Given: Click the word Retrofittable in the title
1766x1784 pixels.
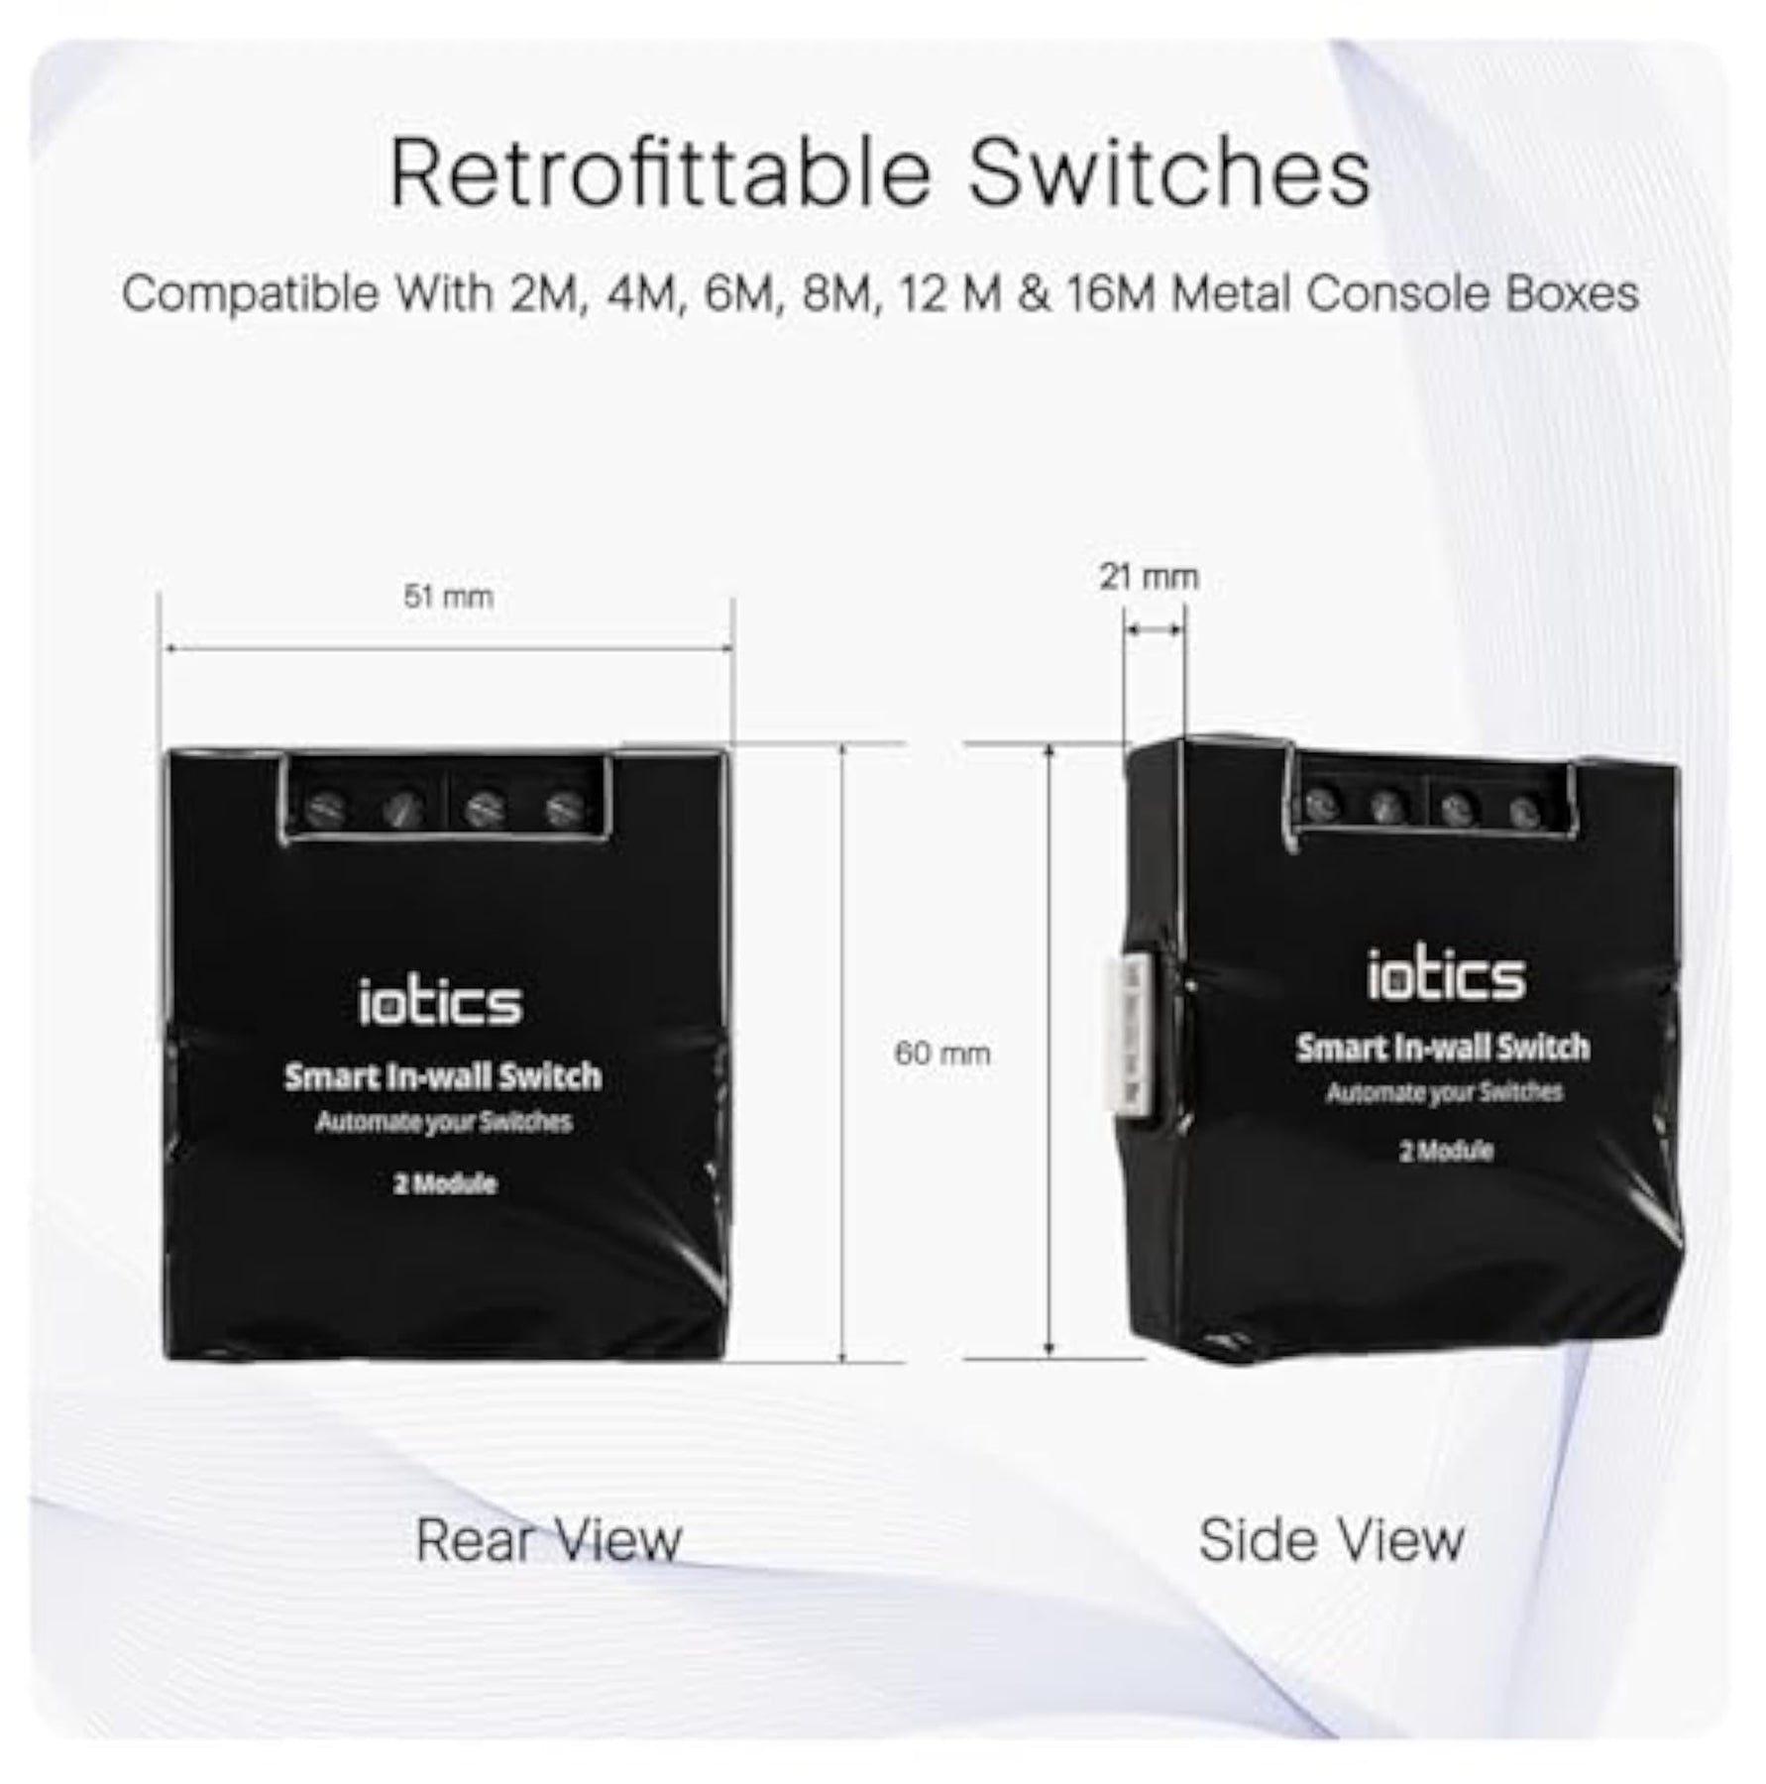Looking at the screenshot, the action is tap(660, 173).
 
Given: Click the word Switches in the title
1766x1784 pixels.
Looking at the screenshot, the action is tap(1169, 173).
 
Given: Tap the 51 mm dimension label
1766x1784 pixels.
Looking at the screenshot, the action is tap(448, 597).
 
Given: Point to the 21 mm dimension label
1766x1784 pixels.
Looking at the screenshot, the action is tap(1149, 576).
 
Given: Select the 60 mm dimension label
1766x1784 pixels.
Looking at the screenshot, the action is tap(942, 1053).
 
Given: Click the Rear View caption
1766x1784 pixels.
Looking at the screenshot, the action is tap(549, 1540).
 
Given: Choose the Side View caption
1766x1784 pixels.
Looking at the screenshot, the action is tap(1332, 1540).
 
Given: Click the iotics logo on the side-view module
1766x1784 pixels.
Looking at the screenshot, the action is tap(1446, 975).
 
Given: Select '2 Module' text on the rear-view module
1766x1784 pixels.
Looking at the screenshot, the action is tap(445, 1183).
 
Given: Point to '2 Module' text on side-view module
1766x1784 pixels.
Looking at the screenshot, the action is tap(1447, 1151).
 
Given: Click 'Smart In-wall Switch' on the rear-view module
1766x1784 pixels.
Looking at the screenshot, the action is tap(443, 1076).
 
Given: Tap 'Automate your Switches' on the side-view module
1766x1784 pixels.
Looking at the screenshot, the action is tap(1445, 1092).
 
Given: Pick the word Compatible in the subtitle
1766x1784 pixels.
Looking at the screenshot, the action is tap(250, 294).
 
